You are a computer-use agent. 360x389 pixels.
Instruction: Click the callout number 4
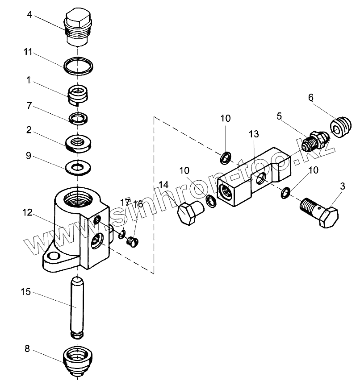[x=29, y=14]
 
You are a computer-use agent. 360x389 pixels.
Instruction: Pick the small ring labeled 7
[x=79, y=118]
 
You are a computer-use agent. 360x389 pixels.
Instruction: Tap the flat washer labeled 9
[x=79, y=168]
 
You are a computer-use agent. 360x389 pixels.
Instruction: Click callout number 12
[x=28, y=213]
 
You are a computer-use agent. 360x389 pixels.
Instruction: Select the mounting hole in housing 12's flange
[x=54, y=257]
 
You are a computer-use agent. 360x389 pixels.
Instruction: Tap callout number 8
[x=27, y=349]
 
